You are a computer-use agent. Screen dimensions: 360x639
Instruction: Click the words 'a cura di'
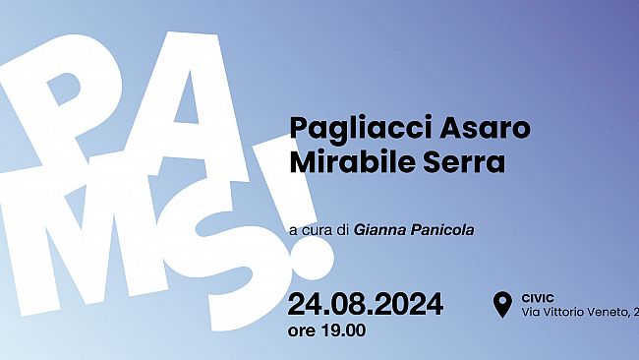click(319, 228)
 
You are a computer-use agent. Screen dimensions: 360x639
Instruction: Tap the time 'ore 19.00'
click(327, 330)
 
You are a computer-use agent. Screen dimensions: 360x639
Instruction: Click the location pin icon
click(503, 304)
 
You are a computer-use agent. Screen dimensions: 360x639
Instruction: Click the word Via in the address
click(532, 312)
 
